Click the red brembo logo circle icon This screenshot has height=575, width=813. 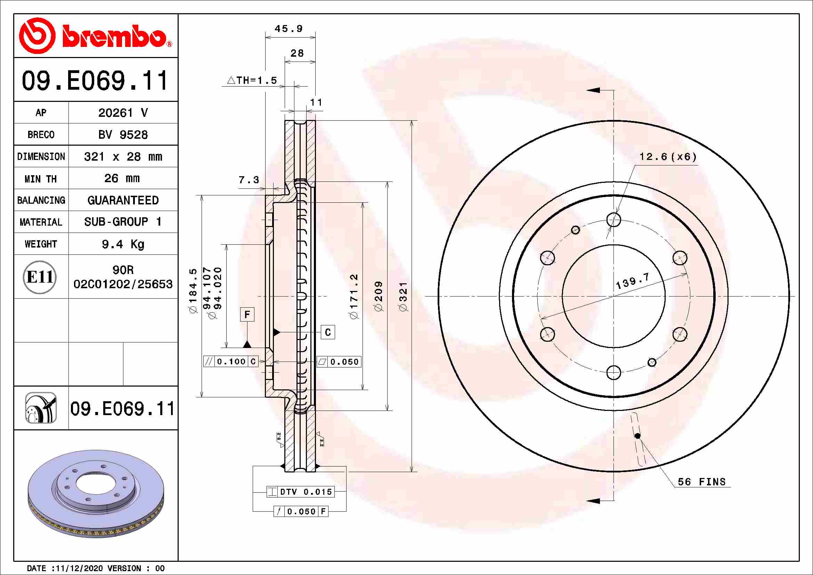coord(37,35)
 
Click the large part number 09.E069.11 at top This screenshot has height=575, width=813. coord(95,81)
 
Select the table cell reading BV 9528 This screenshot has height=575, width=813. coord(123,135)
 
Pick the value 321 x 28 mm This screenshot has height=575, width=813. coord(123,156)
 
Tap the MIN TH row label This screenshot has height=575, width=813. coord(41,179)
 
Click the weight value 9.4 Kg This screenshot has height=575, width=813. coord(123,244)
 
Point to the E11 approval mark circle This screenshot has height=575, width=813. coord(40,277)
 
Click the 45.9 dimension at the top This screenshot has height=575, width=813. coord(288,29)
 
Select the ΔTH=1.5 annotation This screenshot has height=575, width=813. coord(252,80)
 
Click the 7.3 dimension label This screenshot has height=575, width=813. coord(249,180)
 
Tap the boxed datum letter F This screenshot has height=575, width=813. coord(247,314)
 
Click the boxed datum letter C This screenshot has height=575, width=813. coord(328,332)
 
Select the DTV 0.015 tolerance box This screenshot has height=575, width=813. coord(301,492)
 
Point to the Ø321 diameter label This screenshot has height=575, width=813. coord(403,297)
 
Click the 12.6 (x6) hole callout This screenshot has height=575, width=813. coord(668,156)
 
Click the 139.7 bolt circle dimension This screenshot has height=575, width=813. coord(632,281)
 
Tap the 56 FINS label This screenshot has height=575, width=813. coord(701,481)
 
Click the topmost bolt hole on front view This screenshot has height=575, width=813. coord(613,219)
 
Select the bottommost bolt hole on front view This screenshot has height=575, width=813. coord(613,372)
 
